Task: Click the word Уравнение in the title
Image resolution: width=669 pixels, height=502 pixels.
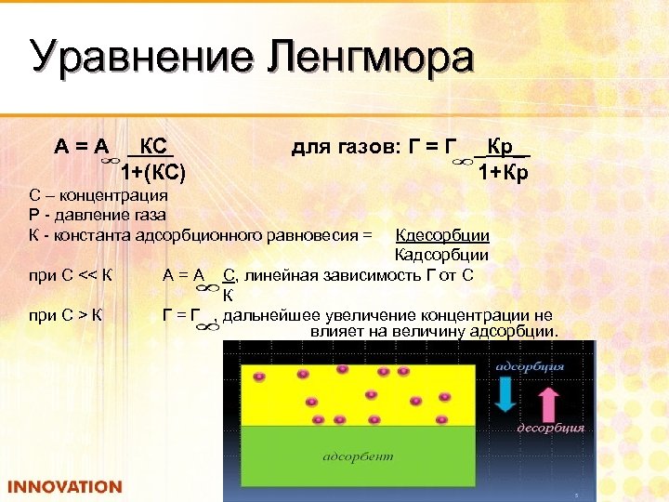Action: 138,58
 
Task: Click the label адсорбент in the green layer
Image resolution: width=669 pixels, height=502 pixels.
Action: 358,456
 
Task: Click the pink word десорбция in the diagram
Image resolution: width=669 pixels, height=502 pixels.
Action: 550,429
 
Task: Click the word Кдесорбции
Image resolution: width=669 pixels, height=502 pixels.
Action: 442,235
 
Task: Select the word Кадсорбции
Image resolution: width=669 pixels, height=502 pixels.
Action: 442,255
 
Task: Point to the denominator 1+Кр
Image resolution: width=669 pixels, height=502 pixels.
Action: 504,173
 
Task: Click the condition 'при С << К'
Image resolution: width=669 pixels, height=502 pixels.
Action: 71,274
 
